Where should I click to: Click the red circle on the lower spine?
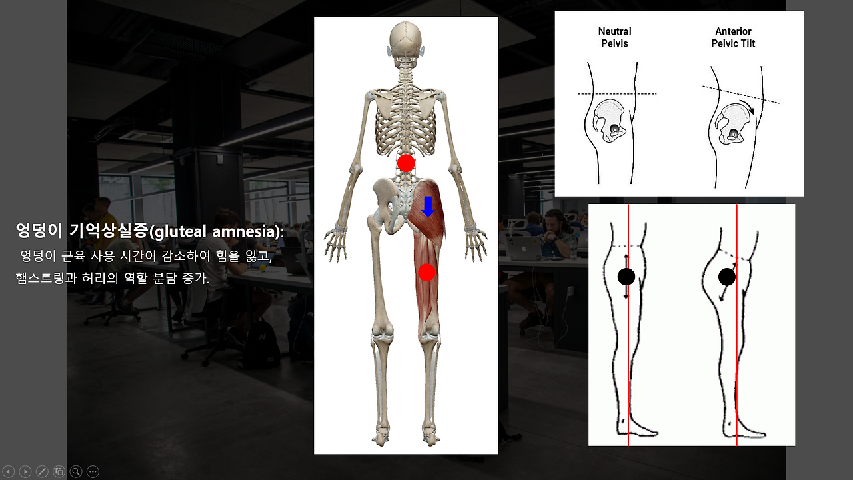(406, 163)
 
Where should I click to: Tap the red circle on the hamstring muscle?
(427, 272)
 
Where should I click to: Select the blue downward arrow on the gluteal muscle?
(428, 207)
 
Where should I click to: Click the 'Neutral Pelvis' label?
(614, 37)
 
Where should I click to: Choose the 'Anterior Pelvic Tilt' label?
(734, 37)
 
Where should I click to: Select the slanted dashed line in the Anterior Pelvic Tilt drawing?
(740, 94)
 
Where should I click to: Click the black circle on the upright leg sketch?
(626, 277)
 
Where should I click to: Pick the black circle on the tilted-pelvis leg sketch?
(727, 277)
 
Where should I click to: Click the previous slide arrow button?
(9, 471)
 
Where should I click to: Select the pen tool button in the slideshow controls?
(42, 471)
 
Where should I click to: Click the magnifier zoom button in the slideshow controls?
(76, 471)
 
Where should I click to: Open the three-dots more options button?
(93, 471)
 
